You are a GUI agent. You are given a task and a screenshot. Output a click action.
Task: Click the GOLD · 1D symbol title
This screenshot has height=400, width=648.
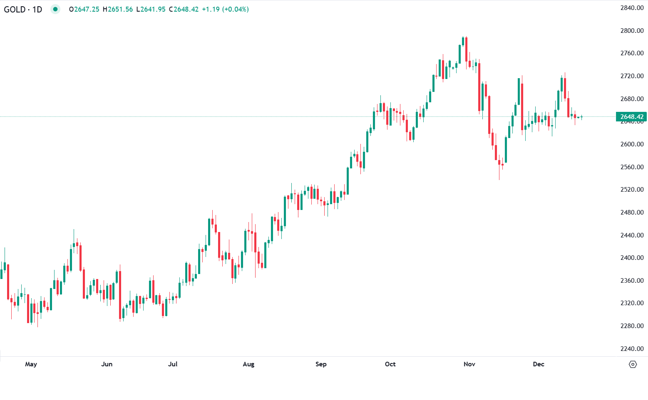tap(23, 9)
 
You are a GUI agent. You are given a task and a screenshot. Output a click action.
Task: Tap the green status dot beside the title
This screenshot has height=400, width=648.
tap(55, 9)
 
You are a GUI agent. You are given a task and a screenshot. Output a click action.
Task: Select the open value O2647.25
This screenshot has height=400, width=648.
tap(84, 9)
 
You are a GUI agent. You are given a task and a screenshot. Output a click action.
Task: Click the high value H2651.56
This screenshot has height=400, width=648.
tap(118, 9)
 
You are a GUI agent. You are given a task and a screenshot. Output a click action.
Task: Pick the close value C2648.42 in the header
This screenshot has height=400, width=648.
tap(184, 9)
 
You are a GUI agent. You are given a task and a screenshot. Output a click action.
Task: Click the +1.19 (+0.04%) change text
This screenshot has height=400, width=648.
tap(225, 9)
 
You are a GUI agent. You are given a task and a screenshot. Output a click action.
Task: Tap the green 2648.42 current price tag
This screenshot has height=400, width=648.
tap(631, 117)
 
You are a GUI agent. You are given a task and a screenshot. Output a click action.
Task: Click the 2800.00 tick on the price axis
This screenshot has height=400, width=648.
tap(632, 31)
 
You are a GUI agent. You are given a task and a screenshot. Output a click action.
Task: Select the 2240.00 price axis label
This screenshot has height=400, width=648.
tap(632, 348)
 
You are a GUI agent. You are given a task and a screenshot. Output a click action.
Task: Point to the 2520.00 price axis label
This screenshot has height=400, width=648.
tap(632, 190)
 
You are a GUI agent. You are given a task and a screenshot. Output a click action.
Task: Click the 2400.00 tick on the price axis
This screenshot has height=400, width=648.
tap(632, 258)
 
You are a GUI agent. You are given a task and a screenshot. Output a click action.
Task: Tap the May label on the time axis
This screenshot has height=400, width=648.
tap(31, 364)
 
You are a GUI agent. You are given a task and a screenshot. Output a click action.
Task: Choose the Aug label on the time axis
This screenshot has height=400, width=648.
tap(248, 364)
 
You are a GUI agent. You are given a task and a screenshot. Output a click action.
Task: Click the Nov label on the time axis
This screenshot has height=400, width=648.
tap(469, 364)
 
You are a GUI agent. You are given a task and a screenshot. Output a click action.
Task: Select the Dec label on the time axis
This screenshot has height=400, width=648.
tap(538, 364)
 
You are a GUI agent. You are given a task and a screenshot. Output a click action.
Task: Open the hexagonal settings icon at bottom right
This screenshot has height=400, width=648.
tap(633, 365)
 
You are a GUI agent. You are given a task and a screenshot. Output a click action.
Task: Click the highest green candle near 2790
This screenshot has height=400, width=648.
tap(463, 41)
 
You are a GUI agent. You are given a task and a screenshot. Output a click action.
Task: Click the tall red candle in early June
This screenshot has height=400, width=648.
tap(120, 295)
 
